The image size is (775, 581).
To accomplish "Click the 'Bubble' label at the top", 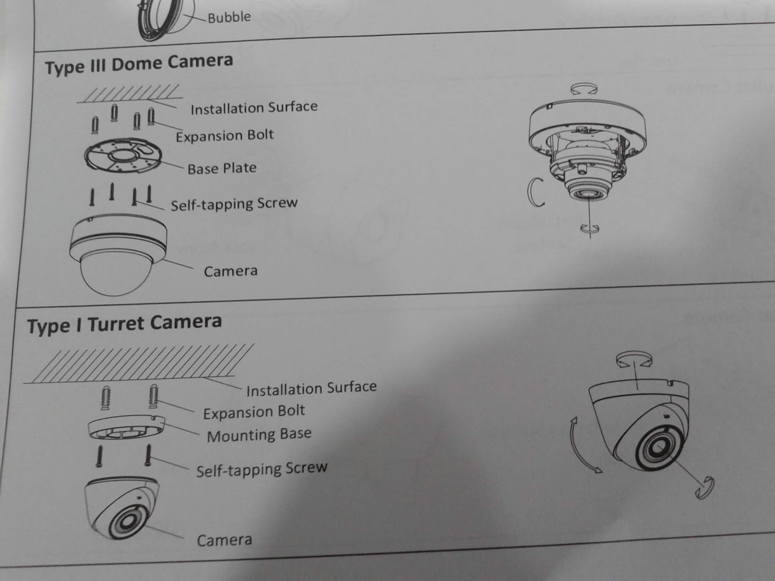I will [229, 17].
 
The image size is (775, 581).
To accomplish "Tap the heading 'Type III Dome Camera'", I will [139, 64].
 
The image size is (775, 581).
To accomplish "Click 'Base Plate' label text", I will [222, 168].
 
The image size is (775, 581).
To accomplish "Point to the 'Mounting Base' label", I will [259, 435].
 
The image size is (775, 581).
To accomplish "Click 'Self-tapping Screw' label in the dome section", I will [234, 204].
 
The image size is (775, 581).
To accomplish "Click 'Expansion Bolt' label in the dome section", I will [225, 136].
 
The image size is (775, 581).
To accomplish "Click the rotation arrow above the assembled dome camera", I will [584, 89].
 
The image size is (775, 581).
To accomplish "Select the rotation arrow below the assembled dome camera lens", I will [590, 229].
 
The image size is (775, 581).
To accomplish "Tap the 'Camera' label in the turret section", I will [224, 540].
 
